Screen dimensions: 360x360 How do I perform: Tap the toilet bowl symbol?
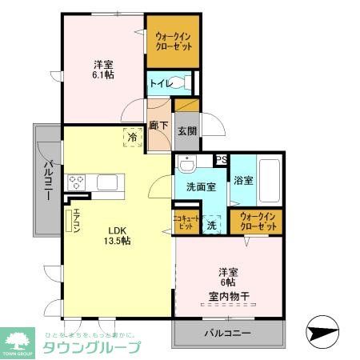tap(183, 82)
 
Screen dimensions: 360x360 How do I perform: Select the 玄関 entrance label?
tap(186, 130)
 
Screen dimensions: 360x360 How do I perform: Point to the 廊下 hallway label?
tap(158, 126)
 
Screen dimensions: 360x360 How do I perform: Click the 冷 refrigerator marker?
tap(131, 137)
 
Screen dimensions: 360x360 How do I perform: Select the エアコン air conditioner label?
tap(77, 218)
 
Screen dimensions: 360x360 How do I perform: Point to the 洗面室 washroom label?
tap(201, 186)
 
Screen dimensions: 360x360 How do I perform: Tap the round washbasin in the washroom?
tap(187, 165)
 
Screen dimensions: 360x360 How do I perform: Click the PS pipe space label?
tap(222, 160)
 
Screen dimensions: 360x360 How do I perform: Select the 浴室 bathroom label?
tap(243, 181)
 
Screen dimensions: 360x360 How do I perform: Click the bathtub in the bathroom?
tap(268, 182)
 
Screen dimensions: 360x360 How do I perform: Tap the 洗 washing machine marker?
tap(212, 226)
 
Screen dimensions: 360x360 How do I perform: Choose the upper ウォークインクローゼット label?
tap(173, 41)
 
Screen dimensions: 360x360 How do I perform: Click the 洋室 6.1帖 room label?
tap(102, 69)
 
